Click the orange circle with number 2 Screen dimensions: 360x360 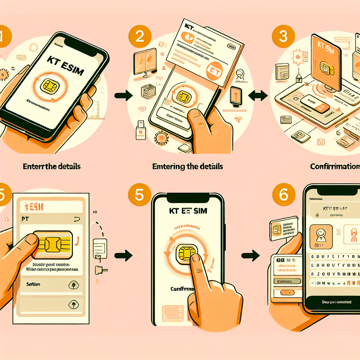[140, 37]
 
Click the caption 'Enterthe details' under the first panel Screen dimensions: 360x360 [52, 166]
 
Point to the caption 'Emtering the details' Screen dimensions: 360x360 [187, 166]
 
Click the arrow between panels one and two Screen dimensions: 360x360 [123, 95]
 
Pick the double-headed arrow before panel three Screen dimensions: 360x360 [258, 95]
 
